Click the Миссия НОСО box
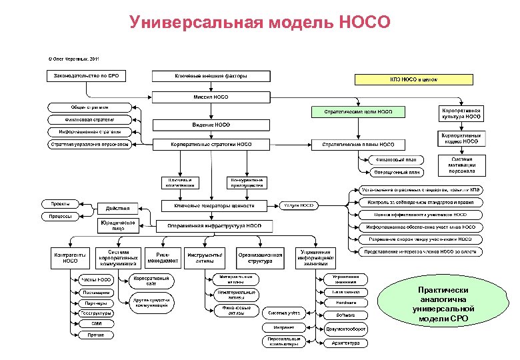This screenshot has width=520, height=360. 211,96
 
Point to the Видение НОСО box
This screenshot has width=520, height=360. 211,125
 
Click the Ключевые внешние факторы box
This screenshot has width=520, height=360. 211,75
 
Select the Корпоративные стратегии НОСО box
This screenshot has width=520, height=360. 211,144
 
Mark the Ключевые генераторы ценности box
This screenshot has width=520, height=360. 215,206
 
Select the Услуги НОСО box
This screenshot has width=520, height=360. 300,206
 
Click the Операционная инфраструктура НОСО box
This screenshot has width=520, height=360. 215,226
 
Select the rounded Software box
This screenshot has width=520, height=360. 345,314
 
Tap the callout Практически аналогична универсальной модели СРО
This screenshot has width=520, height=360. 443,305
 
